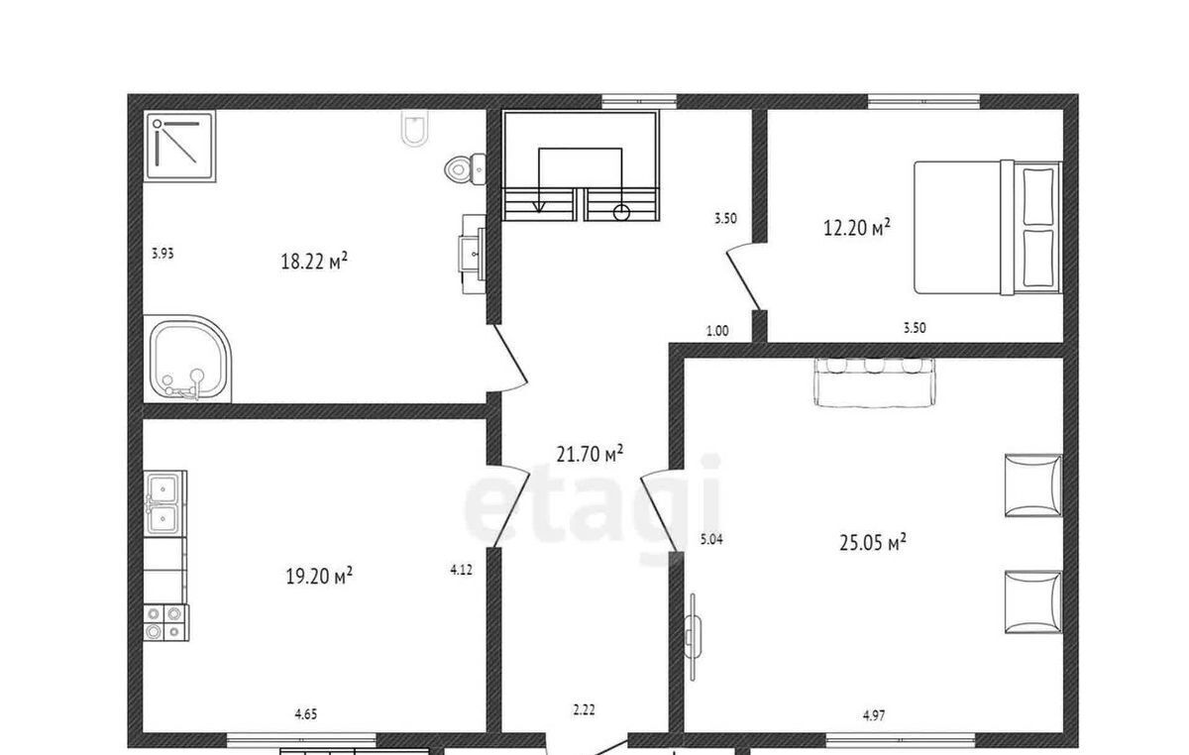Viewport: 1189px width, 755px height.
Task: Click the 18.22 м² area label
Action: (x=314, y=261)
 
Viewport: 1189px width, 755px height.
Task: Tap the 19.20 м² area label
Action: (x=319, y=576)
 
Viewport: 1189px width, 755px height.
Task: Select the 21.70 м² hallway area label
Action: (x=590, y=454)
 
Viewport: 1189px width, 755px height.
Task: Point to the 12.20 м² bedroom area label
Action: (x=857, y=227)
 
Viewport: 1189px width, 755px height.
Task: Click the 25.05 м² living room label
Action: (x=873, y=543)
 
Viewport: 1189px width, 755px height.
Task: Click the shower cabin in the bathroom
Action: (x=180, y=146)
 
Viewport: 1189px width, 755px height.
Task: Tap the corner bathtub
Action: (x=188, y=359)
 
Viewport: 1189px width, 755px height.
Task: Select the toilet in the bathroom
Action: (x=465, y=168)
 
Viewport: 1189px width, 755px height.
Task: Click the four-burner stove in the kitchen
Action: (x=165, y=623)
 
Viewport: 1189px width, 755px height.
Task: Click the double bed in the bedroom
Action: (x=987, y=228)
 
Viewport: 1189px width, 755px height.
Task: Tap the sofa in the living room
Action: (x=875, y=382)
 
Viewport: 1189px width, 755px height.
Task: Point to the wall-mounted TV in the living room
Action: (x=693, y=637)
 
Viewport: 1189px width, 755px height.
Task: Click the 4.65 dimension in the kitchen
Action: (x=306, y=714)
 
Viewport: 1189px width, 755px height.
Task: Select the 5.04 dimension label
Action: (x=711, y=539)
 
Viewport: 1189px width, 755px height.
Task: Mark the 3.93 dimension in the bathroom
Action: (x=162, y=254)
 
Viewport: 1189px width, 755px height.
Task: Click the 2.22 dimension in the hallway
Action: (x=584, y=709)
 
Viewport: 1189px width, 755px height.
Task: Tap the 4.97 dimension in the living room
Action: (x=874, y=715)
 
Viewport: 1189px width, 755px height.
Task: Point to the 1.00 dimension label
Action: (x=717, y=331)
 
